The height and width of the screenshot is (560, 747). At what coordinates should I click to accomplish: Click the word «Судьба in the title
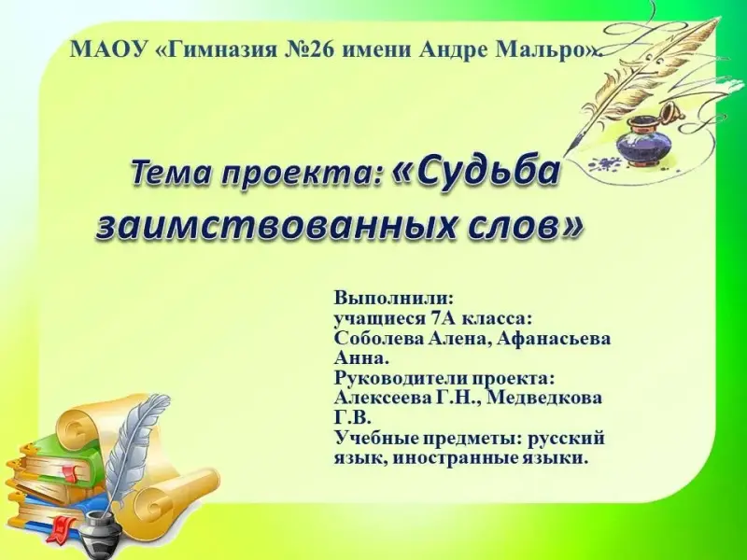tap(475, 173)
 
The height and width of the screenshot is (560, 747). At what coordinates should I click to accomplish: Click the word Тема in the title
tap(170, 173)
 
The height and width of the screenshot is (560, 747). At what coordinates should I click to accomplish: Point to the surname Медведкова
tap(544, 398)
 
